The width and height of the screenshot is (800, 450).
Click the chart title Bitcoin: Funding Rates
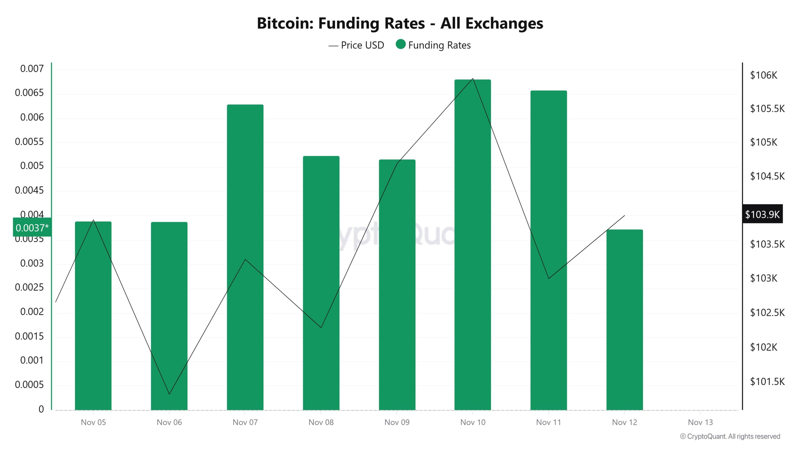[400, 23]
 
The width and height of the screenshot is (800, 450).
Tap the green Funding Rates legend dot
[400, 44]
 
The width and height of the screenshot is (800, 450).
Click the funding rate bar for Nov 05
[93, 316]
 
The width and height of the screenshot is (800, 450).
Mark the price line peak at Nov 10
[473, 79]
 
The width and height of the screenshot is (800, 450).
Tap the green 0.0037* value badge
[32, 227]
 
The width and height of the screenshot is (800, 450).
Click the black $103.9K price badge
[762, 214]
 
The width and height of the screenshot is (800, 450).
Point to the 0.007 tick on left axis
[32, 69]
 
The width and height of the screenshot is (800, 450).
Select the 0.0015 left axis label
[29, 336]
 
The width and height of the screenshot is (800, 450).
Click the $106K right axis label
[763, 75]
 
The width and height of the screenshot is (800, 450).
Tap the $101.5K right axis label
[767, 382]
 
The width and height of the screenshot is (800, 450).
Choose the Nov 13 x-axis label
[700, 422]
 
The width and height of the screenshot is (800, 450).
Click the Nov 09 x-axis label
[397, 422]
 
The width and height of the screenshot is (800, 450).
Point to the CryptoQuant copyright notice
[730, 437]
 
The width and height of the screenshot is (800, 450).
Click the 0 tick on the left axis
[41, 409]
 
